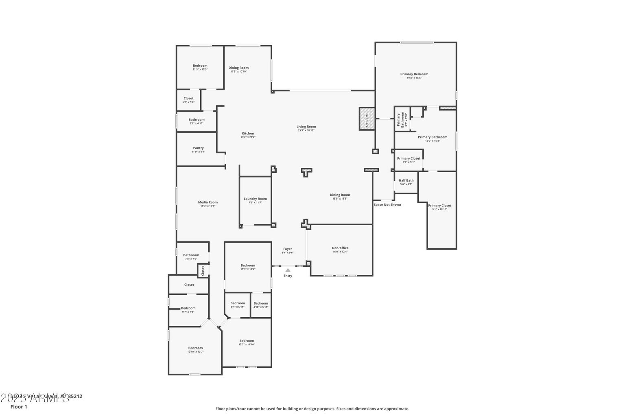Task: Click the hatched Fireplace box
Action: tap(366, 119)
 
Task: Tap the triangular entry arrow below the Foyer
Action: tap(288, 270)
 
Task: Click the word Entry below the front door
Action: tap(288, 276)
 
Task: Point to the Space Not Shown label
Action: tap(387, 204)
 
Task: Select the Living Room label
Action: tap(306, 127)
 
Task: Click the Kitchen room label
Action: tap(248, 134)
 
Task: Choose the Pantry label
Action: tap(198, 148)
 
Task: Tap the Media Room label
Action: tap(208, 202)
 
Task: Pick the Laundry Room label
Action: tap(255, 199)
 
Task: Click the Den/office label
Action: tap(340, 248)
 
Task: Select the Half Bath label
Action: tap(406, 180)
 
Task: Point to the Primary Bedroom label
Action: tap(414, 74)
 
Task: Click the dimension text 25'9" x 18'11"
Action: tap(306, 130)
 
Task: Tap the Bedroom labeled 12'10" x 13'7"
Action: tap(195, 348)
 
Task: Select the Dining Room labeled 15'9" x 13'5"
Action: tap(340, 195)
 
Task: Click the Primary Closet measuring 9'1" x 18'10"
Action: tap(439, 206)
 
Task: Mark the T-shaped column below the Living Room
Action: tap(307, 171)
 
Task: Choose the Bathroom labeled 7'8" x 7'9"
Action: tap(191, 255)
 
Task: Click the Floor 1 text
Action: tap(19, 406)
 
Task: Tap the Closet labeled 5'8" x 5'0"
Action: tap(188, 99)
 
